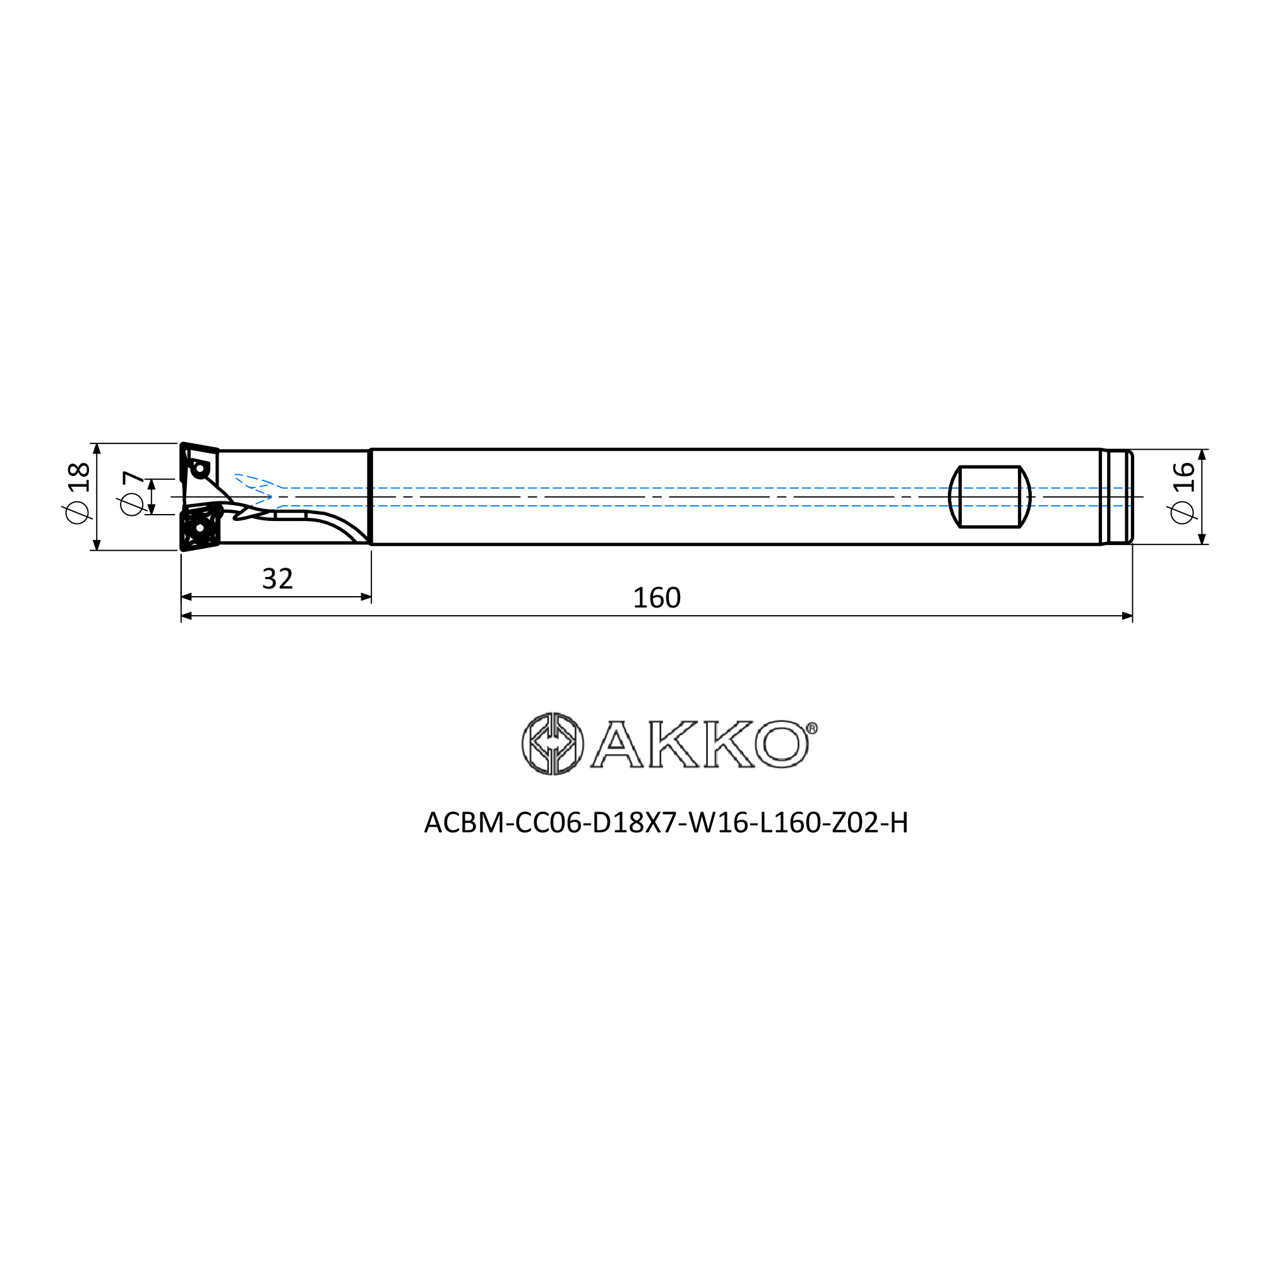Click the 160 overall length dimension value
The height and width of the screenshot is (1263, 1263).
pos(656,598)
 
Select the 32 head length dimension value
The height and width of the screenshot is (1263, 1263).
pos(277,579)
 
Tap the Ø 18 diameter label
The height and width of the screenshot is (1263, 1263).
pos(77,493)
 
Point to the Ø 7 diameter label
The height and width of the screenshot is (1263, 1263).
pos(133,494)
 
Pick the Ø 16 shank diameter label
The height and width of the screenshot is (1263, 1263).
pos(1183,493)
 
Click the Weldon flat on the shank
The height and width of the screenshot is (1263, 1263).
pos(990,497)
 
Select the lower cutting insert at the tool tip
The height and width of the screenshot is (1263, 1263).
pos(200,526)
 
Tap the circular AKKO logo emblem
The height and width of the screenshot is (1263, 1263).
pos(553,743)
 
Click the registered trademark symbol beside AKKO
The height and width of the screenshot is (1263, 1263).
pos(811,728)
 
